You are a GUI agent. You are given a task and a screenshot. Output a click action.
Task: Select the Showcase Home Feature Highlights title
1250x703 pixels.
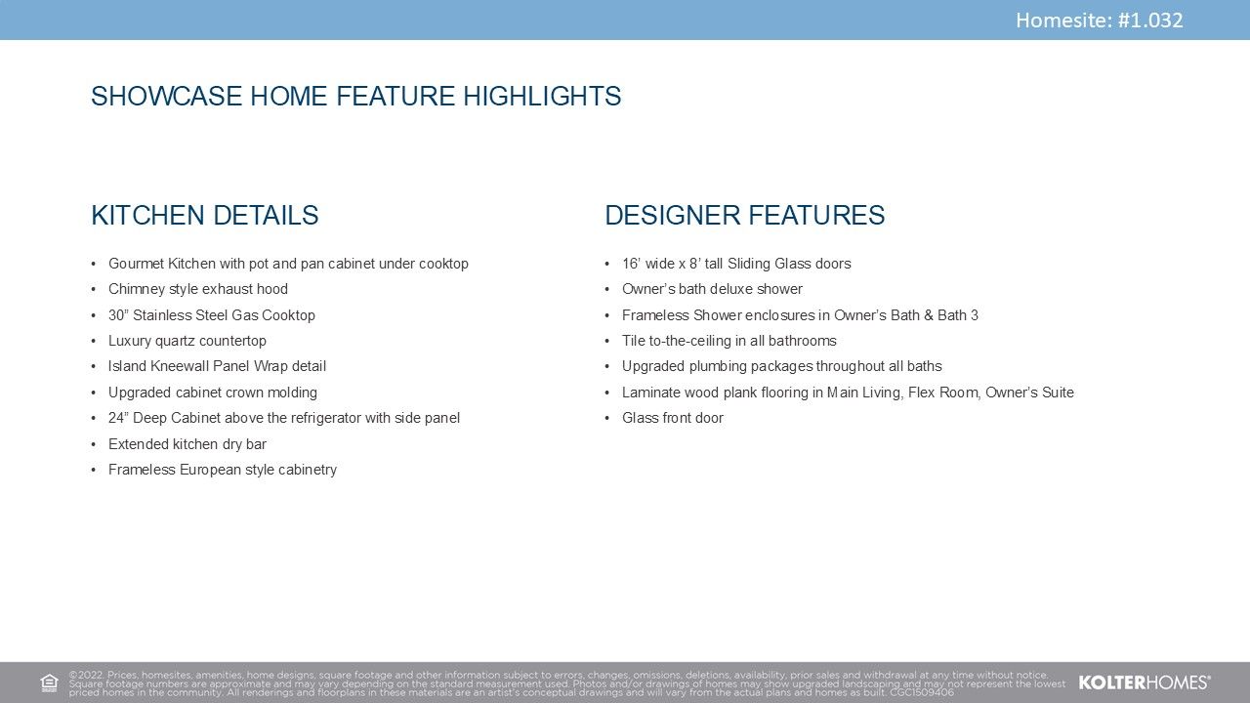356,96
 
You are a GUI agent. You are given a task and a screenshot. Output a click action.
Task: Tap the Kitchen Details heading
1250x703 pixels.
205,216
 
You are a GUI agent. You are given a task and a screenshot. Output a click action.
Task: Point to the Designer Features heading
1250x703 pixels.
745,216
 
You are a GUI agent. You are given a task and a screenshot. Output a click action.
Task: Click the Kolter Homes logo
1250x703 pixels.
1144,682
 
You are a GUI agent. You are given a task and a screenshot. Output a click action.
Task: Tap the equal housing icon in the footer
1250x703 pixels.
49,682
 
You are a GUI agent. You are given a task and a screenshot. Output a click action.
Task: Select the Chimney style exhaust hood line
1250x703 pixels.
198,289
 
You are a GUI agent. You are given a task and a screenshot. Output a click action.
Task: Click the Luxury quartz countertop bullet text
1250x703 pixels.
187,341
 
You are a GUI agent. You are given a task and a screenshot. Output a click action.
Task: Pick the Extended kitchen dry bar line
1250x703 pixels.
187,444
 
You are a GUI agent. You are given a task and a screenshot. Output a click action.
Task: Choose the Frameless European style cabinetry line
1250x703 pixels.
223,470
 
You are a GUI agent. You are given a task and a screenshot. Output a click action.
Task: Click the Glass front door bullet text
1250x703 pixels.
673,418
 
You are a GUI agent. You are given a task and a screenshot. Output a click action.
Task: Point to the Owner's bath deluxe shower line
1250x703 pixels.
712,289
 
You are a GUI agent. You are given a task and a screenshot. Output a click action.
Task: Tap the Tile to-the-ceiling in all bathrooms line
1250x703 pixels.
729,341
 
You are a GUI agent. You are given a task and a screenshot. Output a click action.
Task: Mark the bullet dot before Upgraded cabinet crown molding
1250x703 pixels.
94,393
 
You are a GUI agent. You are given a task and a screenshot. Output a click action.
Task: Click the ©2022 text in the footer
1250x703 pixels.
87,675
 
